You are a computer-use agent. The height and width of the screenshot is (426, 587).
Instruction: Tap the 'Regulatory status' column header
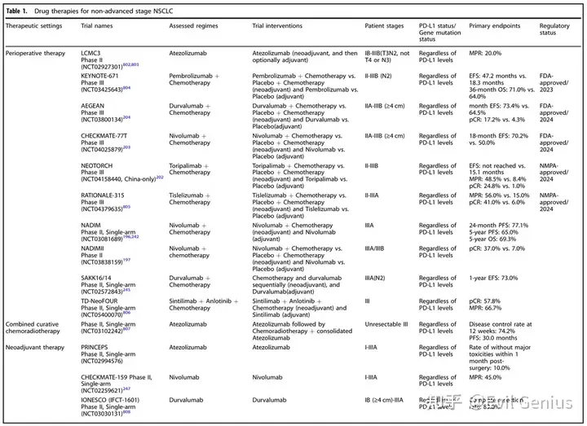(x=555, y=30)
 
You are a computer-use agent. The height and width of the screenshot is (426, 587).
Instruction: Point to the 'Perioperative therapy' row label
(x=36, y=51)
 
